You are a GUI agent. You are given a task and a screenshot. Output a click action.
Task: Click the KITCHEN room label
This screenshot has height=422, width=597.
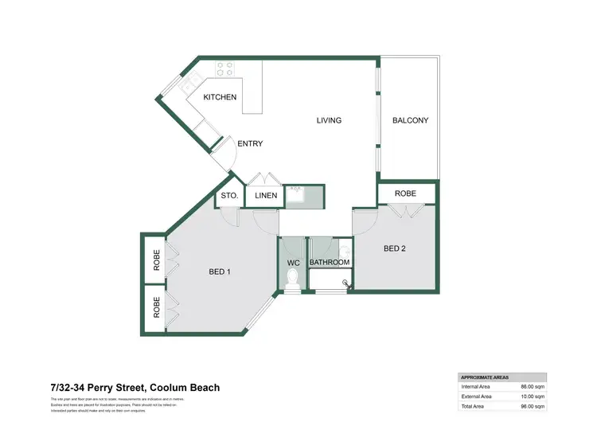[x=220, y=98]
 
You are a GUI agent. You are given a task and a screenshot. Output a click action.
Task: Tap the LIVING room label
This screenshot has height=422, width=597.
[x=329, y=121]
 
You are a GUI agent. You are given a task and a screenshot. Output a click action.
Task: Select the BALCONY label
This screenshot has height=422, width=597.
[x=411, y=121]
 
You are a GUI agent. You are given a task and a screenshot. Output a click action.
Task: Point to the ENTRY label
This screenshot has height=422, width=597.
[x=250, y=144]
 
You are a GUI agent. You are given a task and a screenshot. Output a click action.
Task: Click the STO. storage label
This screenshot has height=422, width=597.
[x=229, y=195]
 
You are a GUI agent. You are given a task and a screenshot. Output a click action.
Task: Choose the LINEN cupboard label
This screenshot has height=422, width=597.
[x=265, y=195]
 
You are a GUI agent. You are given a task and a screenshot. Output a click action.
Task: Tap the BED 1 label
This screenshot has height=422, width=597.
[x=220, y=272]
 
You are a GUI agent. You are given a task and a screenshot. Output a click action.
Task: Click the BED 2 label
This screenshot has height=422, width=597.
[x=395, y=248]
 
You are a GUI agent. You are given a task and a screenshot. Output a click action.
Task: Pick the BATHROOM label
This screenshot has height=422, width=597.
[x=330, y=262]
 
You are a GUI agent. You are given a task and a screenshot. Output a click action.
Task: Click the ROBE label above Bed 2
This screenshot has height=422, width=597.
[x=405, y=193]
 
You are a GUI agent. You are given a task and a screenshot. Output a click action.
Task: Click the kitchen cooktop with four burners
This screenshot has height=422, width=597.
[x=223, y=69]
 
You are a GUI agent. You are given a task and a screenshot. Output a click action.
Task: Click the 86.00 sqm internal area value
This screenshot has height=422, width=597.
[x=532, y=386]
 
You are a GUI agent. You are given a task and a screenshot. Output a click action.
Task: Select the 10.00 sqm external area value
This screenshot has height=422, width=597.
[x=532, y=396]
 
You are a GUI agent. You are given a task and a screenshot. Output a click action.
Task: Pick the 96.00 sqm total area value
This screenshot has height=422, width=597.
[x=532, y=405]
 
